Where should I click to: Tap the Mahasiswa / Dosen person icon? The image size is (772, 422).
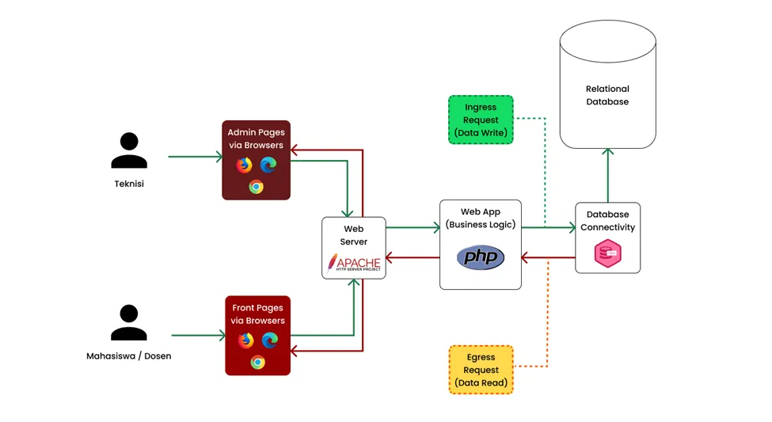tap(129, 323)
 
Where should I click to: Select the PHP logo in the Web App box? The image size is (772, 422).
tap(481, 257)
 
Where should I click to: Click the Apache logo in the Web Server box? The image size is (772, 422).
tap(354, 263)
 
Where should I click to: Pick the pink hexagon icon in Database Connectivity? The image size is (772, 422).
tap(607, 254)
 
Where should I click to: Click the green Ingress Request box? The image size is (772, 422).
tap(481, 120)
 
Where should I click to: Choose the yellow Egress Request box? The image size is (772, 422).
tap(481, 370)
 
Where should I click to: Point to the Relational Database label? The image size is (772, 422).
tap(607, 95)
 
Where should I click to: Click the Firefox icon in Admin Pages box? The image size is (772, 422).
tap(244, 165)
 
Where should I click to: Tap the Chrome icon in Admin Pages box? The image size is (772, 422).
tap(256, 187)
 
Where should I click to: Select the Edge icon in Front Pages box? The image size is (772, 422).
tap(270, 340)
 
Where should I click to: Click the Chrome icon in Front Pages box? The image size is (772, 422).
tap(257, 362)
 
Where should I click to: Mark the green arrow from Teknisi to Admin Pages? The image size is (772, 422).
tap(196, 157)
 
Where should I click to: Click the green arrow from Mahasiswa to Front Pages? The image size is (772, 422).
tap(198, 336)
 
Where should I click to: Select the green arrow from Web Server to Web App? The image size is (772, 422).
tap(413, 228)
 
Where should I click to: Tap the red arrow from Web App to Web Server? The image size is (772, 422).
tap(413, 257)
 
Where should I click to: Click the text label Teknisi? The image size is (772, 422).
tap(129, 184)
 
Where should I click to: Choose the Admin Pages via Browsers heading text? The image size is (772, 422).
tap(255, 139)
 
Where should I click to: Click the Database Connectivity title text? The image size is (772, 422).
tap(607, 221)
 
